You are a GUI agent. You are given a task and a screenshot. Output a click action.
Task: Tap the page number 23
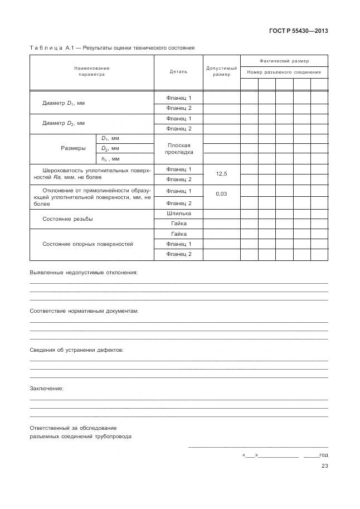tap(324, 467)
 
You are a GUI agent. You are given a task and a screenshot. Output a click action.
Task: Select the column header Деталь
tap(178, 71)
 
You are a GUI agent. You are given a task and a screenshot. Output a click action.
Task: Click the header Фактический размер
tap(284, 60)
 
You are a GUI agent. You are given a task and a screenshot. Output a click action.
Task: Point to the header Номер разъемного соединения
tap(284, 72)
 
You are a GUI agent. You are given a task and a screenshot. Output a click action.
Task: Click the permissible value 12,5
tap(221, 174)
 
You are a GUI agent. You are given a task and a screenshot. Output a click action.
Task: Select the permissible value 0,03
tap(221, 193)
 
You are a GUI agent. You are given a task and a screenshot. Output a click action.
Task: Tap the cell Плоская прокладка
tap(178, 148)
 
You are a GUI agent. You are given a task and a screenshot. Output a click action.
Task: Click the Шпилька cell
tap(178, 213)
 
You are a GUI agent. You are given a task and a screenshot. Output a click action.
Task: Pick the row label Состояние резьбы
tap(67, 219)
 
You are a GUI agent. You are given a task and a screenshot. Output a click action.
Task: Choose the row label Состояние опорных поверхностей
tap(87, 244)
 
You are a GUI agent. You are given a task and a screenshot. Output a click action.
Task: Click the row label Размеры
tap(73, 148)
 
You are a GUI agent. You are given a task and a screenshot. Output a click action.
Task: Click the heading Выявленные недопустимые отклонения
tap(83, 273)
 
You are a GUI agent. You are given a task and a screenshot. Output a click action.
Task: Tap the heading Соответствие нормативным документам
tap(84, 311)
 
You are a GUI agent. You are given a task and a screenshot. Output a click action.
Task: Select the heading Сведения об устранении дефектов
tap(76, 350)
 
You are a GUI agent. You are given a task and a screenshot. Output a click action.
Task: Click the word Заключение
tap(46, 388)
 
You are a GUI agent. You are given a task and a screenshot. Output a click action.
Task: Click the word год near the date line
tap(323, 455)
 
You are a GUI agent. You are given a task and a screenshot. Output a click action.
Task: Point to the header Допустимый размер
tap(221, 71)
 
